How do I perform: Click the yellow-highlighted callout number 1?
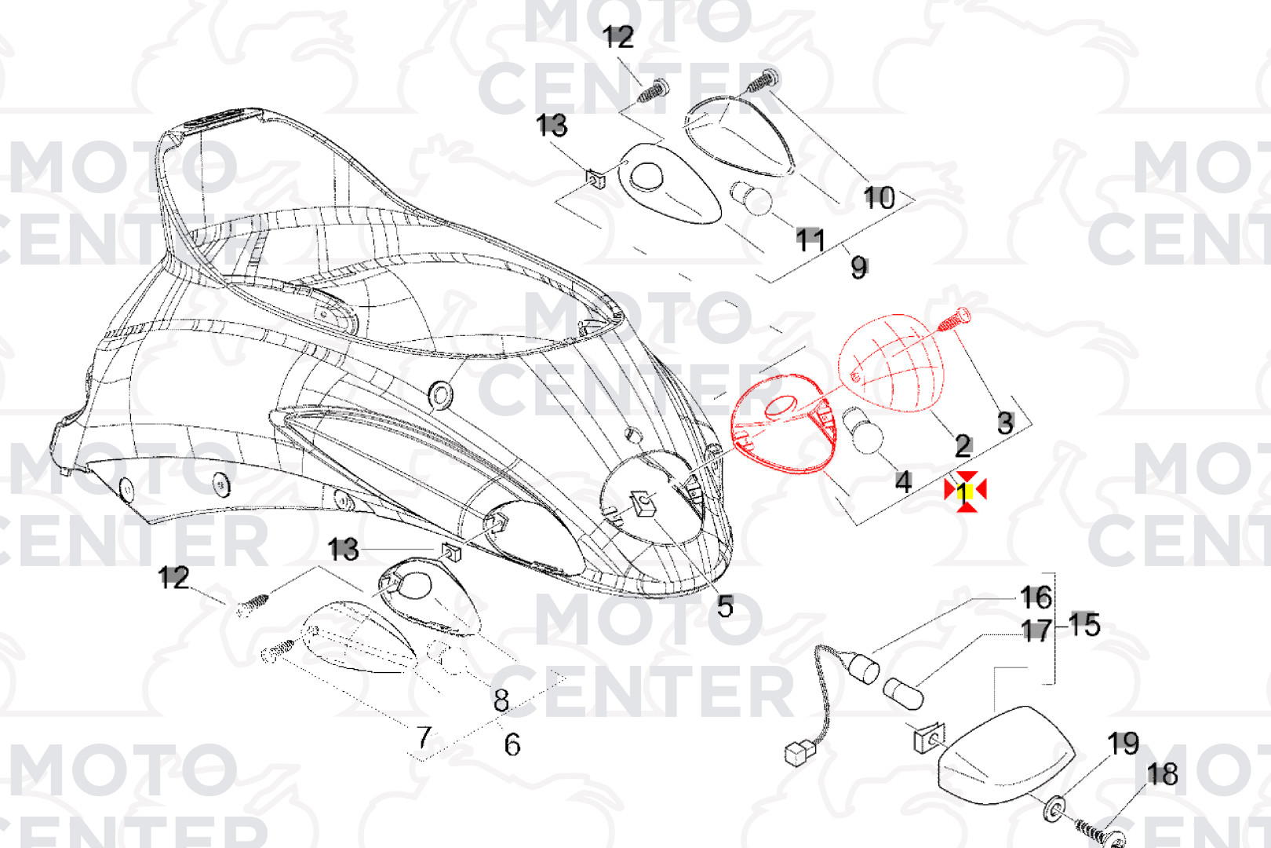coord(963,492)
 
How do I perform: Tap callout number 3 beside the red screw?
coord(1006,423)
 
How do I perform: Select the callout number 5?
coord(726,607)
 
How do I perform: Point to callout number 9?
coord(859,268)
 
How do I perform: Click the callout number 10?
coord(879,198)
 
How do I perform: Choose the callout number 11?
coord(810,239)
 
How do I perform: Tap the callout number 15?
coord(1084,625)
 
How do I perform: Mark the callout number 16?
coord(1036,597)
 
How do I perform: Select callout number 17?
coord(1036,631)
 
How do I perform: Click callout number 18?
coord(1162,774)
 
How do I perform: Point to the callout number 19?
coord(1124,744)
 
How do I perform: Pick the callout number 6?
coord(512,744)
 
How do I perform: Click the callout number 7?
coord(424,737)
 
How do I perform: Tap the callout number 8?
coord(501,701)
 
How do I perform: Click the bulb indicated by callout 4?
coord(864,431)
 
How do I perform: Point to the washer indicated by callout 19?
coord(1054,809)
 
